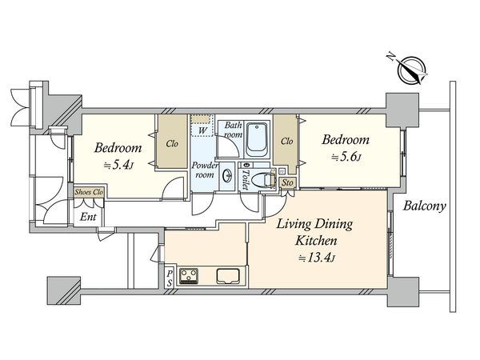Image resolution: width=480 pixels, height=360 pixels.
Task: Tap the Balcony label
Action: point(424,206)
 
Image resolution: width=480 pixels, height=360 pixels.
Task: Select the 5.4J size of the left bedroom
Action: point(118,166)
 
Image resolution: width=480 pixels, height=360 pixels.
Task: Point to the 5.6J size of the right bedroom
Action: point(346,158)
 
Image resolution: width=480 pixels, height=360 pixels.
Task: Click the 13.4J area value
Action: point(317,258)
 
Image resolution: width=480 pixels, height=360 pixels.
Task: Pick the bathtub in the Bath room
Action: point(258,138)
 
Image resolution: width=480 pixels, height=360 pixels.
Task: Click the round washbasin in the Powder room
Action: point(227,176)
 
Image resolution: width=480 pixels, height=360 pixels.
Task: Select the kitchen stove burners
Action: point(189,276)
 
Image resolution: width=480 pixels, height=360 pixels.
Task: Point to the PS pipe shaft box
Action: point(170,278)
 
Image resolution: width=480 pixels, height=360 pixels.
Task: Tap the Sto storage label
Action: point(287,182)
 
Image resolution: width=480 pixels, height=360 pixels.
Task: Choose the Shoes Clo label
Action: point(89,192)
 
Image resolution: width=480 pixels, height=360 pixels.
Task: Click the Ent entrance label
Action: point(88,217)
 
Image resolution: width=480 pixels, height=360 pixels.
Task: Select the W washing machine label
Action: point(202,130)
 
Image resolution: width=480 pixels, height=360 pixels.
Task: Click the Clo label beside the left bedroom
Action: point(172,143)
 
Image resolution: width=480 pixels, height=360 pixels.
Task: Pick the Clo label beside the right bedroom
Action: point(287,141)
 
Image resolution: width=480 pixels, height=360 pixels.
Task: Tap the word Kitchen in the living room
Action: point(316,240)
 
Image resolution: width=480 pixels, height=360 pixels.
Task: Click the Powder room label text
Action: point(205,170)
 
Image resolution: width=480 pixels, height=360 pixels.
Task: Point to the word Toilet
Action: point(246,180)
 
